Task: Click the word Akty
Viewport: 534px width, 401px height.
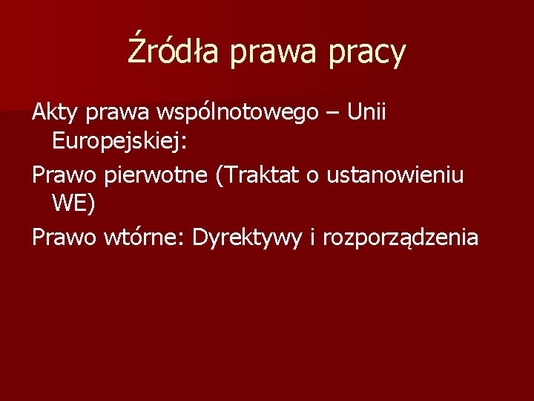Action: click(56, 113)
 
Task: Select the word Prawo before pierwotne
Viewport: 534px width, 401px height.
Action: click(64, 175)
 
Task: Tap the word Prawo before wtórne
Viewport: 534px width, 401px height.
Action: click(64, 237)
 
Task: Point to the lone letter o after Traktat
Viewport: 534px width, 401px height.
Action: click(314, 175)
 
